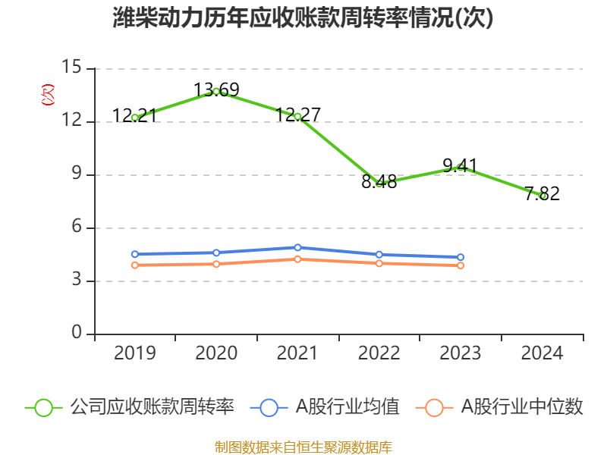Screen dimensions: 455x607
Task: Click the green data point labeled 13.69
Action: click(x=216, y=92)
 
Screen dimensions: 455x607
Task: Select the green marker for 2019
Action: click(x=135, y=118)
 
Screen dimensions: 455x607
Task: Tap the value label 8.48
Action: click(x=379, y=182)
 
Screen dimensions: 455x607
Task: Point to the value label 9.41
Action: click(x=460, y=165)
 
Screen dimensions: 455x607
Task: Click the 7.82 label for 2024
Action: click(x=542, y=193)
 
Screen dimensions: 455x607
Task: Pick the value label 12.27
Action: click(x=297, y=115)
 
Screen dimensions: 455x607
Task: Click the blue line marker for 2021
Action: click(x=297, y=247)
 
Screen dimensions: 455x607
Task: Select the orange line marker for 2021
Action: click(x=297, y=259)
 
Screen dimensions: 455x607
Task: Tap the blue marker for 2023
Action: click(x=460, y=257)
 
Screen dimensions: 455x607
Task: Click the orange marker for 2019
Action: click(x=135, y=265)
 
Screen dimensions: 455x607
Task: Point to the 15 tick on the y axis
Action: click(x=72, y=68)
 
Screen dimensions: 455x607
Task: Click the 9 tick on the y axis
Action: click(x=77, y=174)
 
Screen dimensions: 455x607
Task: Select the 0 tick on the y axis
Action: click(x=77, y=334)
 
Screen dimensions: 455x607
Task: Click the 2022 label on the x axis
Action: click(x=379, y=353)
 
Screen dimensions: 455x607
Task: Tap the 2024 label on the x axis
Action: click(x=542, y=353)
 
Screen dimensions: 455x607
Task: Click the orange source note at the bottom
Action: click(x=303, y=446)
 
